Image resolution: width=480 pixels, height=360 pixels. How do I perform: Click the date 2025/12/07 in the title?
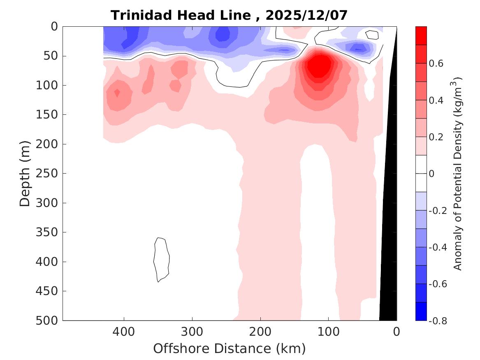(x=306, y=15)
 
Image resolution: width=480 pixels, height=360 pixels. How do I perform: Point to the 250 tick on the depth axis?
(x=49, y=174)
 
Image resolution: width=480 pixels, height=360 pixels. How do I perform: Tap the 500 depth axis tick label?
(x=49, y=321)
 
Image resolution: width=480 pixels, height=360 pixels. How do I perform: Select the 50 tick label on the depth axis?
(x=53, y=56)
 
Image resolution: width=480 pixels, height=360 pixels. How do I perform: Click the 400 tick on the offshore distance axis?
(x=124, y=331)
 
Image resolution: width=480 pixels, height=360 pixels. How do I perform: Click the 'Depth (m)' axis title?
(x=25, y=173)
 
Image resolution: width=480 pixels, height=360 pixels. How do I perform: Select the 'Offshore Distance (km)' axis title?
(x=230, y=348)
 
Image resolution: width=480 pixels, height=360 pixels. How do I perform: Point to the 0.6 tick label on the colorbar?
(x=436, y=63)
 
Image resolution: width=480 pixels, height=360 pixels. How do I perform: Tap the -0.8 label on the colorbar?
(x=437, y=321)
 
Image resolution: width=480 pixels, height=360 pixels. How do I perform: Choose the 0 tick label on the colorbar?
(x=431, y=174)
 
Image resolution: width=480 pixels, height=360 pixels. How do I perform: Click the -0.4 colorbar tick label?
(x=437, y=247)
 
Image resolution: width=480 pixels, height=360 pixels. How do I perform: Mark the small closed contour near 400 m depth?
(x=161, y=259)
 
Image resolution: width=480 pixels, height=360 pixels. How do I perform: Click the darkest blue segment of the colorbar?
(x=421, y=311)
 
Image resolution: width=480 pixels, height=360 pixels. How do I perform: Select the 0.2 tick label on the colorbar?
(x=436, y=137)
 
